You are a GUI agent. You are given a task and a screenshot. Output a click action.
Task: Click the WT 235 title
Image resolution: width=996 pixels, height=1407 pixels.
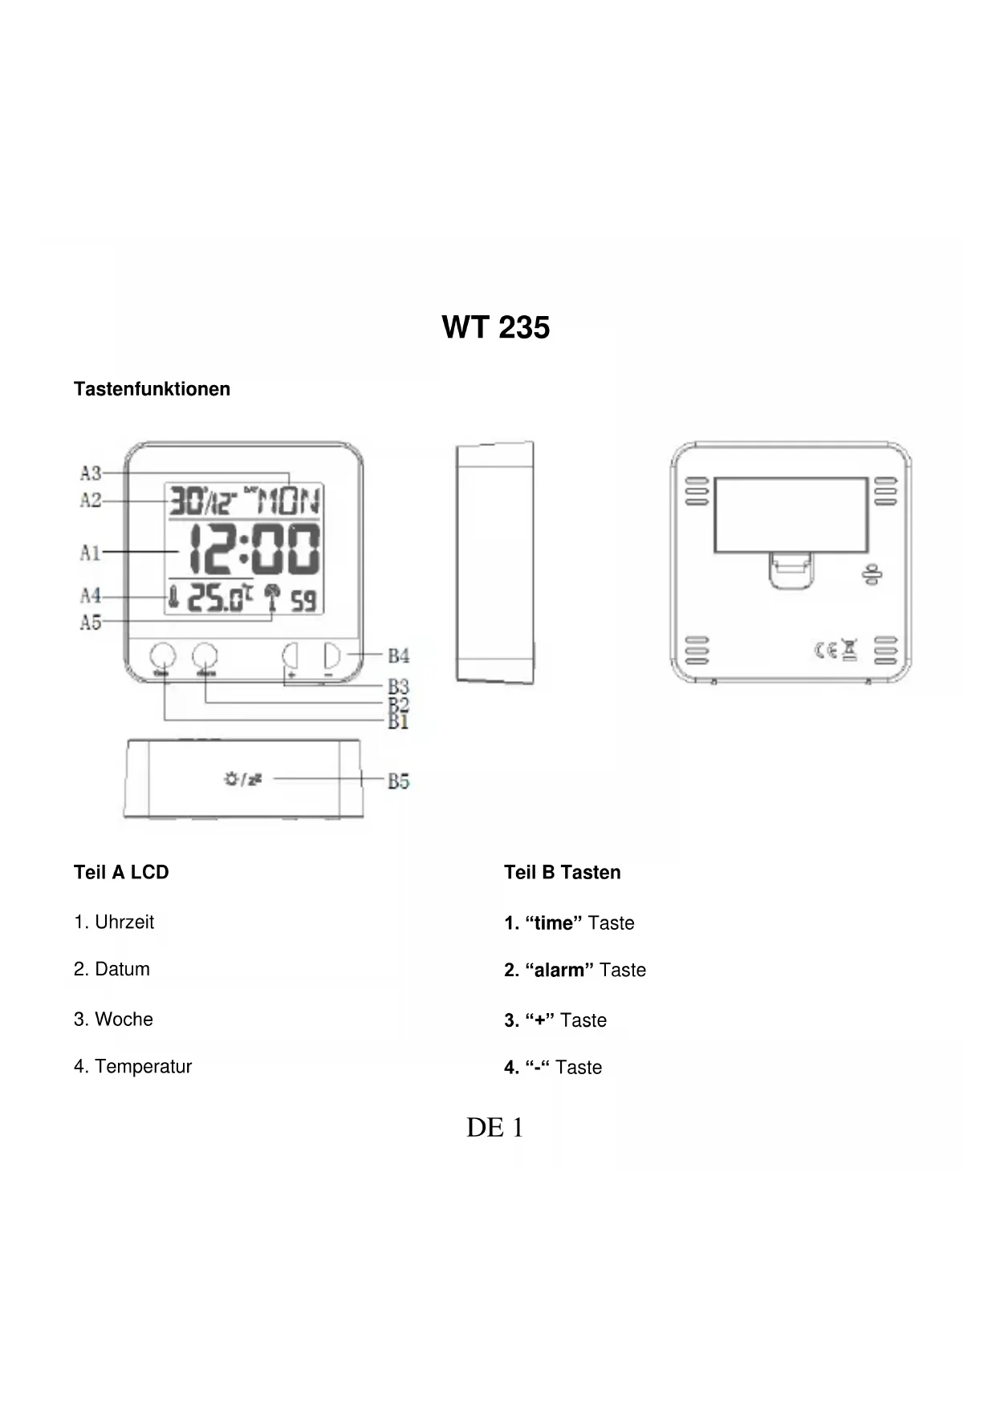tap(495, 327)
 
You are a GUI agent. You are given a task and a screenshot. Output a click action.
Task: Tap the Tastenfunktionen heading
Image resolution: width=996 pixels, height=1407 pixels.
tap(152, 389)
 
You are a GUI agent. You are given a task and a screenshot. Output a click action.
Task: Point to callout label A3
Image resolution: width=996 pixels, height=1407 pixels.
tap(91, 472)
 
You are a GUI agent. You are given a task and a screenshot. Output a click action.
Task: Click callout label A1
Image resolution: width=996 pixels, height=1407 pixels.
tap(90, 552)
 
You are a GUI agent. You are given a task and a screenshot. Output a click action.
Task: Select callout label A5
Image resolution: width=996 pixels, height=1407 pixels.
tap(91, 622)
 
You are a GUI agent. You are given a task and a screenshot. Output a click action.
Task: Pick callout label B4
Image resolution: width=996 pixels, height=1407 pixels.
tap(399, 655)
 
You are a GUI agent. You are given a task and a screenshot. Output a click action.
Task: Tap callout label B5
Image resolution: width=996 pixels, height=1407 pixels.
tap(399, 781)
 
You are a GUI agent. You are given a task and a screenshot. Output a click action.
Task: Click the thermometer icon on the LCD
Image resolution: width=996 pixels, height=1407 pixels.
tap(173, 598)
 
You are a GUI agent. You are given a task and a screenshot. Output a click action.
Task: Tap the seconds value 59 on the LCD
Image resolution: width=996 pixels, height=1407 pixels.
tap(303, 601)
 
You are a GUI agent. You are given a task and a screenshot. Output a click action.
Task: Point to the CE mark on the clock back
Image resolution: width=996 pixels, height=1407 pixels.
tap(826, 650)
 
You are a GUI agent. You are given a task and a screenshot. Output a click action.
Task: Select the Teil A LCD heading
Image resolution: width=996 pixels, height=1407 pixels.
tap(121, 872)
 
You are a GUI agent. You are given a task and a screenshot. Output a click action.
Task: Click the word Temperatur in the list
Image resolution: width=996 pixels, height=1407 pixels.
tap(143, 1066)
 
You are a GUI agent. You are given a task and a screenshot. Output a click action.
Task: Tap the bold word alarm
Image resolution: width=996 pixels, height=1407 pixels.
tap(559, 970)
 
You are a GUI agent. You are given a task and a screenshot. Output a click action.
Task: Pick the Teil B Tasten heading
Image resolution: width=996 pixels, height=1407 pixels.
tap(562, 872)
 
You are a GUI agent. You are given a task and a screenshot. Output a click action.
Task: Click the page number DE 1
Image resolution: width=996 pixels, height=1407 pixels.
tap(494, 1127)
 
